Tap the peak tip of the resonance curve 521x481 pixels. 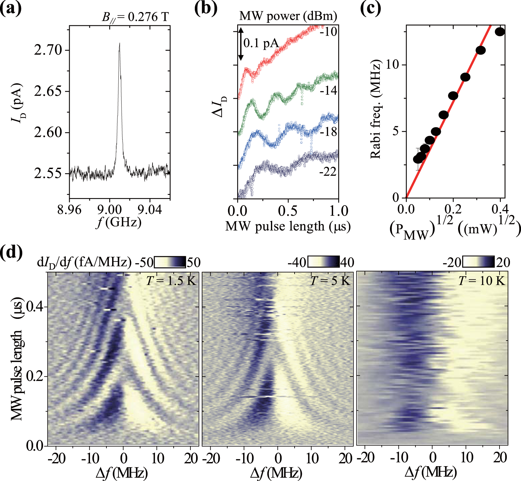coord(119,44)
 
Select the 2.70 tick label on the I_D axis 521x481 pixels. coord(48,50)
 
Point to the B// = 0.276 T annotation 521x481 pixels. coord(135,17)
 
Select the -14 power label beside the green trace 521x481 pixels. coord(328,91)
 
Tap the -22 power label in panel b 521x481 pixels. coord(328,172)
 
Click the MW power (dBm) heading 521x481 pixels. coord(288,16)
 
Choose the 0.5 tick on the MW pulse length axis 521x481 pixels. coord(288,211)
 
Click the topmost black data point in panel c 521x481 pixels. coord(500,32)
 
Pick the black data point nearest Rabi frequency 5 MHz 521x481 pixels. coord(436,132)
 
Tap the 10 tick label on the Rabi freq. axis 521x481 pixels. coord(392,65)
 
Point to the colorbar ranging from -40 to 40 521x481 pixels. coord(323,262)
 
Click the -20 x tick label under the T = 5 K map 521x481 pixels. coord(211,458)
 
